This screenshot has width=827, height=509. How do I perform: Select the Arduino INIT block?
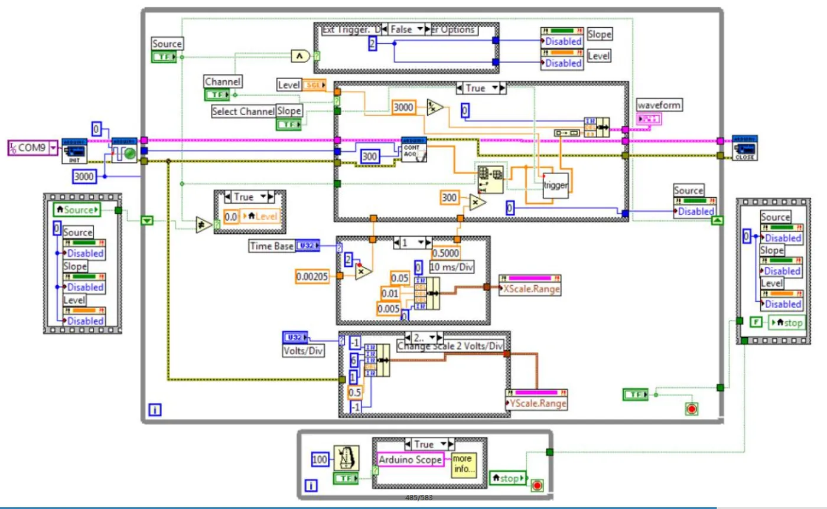click(74, 151)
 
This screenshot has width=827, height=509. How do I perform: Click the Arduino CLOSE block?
click(744, 148)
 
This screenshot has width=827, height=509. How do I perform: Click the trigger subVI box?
click(555, 185)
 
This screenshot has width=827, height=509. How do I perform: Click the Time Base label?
click(271, 246)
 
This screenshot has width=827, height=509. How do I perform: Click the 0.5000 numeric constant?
click(445, 253)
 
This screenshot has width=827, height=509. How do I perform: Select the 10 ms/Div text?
click(452, 266)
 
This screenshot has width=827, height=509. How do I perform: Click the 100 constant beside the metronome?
click(320, 459)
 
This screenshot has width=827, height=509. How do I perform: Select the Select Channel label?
click(243, 112)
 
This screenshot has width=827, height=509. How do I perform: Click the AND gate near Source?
click(301, 56)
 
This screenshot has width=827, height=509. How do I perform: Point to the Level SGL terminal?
click(314, 85)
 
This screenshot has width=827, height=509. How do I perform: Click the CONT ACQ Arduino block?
click(413, 150)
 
